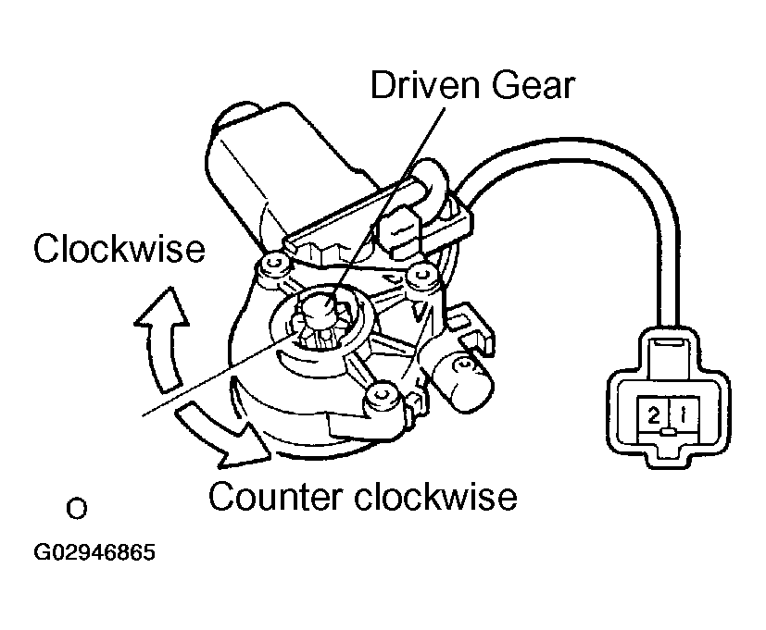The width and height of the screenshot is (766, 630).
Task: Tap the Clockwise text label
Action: point(119,248)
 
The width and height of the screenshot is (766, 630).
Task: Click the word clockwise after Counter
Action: point(436,497)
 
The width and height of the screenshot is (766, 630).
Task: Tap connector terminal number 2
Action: point(653,416)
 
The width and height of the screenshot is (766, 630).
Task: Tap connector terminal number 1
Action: point(681,416)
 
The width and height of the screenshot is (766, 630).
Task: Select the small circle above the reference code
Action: point(77,509)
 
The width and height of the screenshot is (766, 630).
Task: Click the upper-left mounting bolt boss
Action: point(270,265)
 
